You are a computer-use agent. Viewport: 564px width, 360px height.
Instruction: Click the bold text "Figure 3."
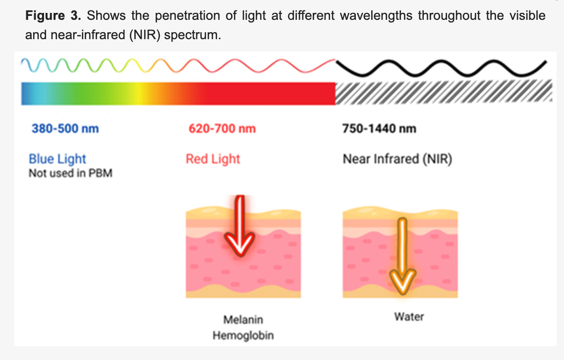[x=54, y=15]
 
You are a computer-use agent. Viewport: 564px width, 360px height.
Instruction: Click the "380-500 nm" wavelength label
[x=65, y=129]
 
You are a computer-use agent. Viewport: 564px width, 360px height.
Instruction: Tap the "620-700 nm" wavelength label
[x=222, y=129]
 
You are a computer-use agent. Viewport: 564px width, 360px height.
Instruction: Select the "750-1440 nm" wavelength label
[x=379, y=129]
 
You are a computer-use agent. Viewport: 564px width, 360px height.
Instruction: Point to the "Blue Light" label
[x=57, y=159]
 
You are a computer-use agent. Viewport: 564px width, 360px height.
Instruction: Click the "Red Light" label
[x=213, y=159]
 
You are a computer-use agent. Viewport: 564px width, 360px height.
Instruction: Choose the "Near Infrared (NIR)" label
[x=397, y=160]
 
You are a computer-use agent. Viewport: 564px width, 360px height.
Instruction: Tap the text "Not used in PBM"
[x=70, y=174]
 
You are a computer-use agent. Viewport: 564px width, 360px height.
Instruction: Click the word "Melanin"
[x=243, y=320]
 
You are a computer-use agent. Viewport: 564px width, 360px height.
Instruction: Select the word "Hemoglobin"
[x=243, y=336]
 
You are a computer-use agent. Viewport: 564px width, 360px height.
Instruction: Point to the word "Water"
[x=409, y=316]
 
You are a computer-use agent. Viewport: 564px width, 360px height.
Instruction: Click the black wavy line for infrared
[x=441, y=66]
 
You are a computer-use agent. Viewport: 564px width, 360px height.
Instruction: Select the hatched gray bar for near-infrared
[x=444, y=93]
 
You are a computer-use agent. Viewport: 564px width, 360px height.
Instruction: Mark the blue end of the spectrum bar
[x=27, y=93]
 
